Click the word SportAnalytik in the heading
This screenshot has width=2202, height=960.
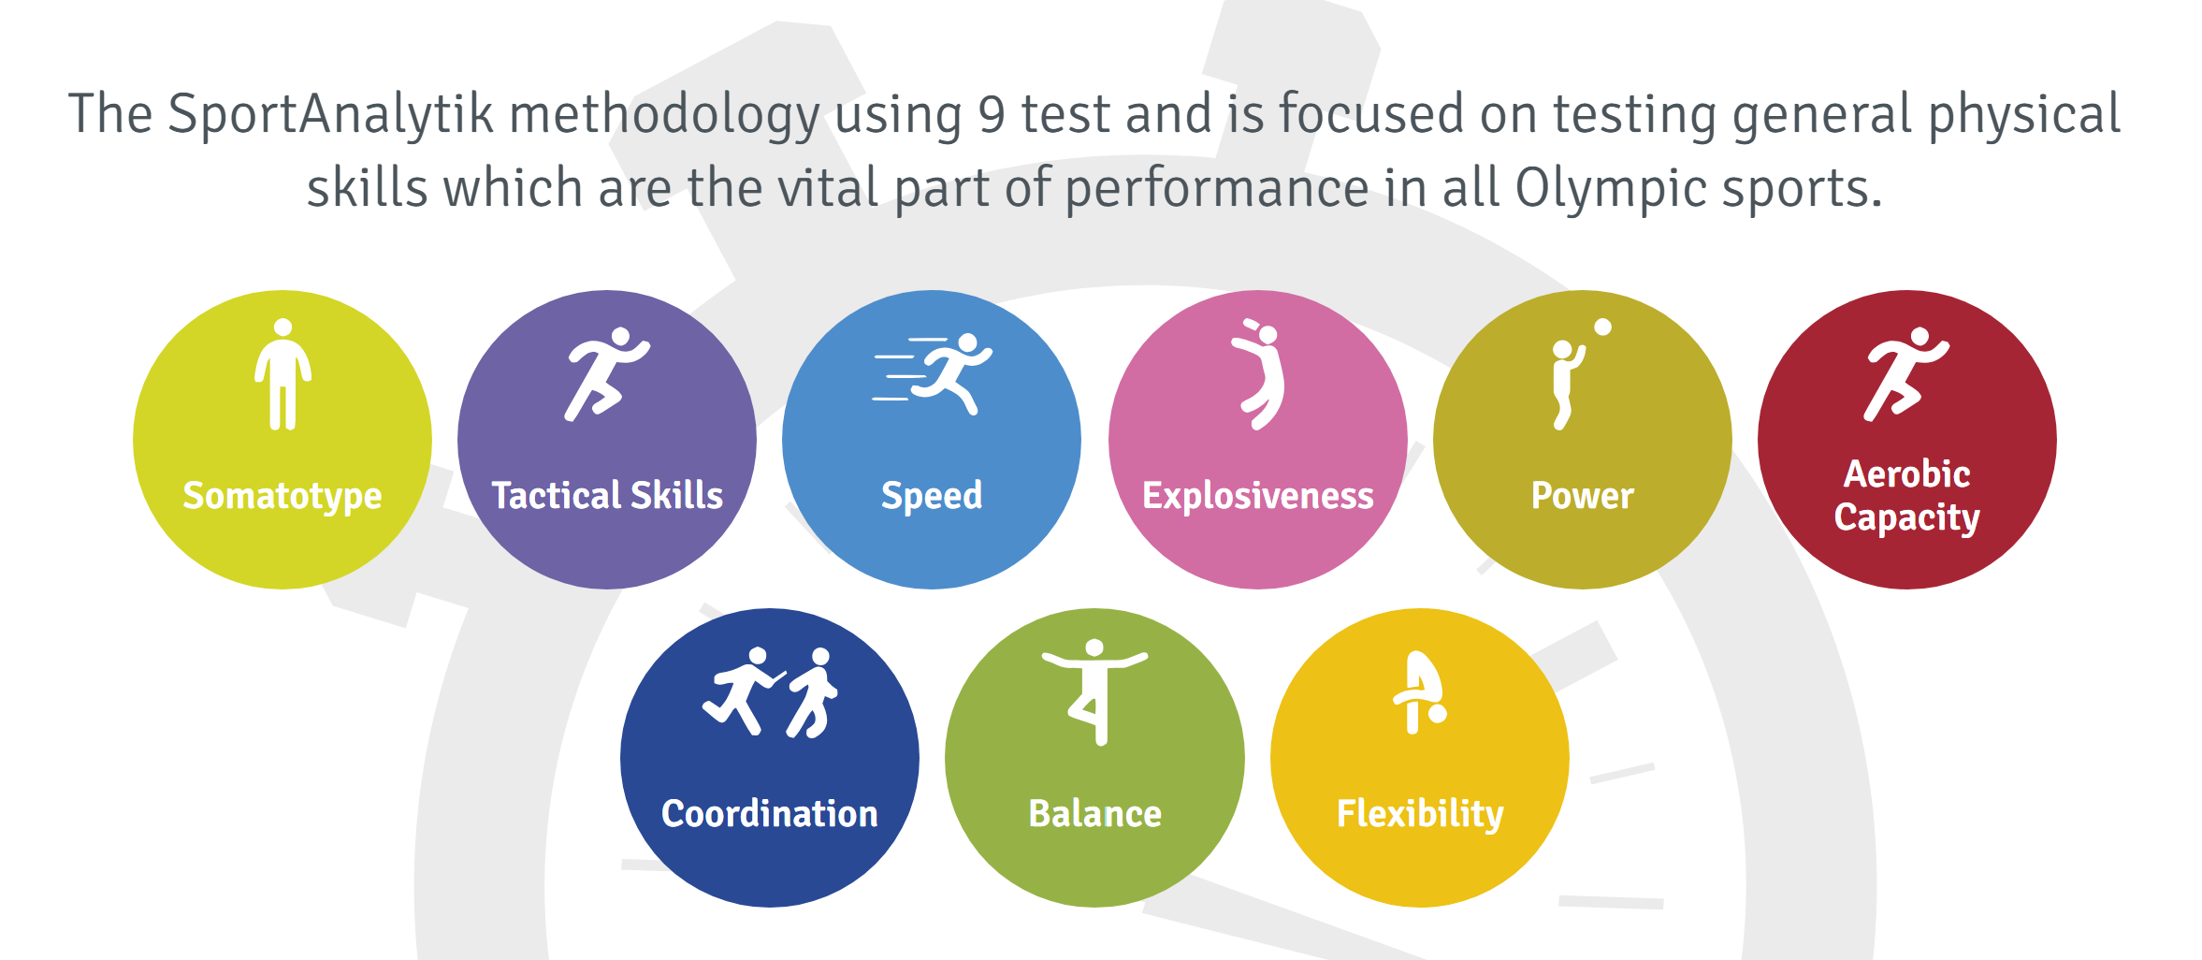coord(330,114)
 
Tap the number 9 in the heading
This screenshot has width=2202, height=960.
coord(992,114)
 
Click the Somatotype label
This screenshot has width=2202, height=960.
coord(282,496)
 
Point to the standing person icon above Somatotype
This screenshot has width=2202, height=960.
coord(282,374)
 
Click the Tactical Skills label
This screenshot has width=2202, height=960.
coord(607,495)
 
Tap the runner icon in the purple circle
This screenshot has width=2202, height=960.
coord(606,374)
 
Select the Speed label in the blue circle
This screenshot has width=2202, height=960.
coord(932,496)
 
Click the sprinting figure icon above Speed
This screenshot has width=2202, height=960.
coord(933,373)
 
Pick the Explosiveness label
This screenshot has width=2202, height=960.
coord(1258,495)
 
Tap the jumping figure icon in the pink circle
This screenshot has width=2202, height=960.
coord(1260,374)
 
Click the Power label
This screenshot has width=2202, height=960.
coord(1583,495)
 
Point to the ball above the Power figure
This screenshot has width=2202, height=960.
coord(1602,327)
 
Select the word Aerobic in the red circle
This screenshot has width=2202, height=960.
coord(1906,474)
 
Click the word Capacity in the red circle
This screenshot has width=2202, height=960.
coord(1907,518)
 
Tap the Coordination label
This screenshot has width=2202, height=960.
coord(770,813)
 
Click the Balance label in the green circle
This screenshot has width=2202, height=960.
coord(1095,813)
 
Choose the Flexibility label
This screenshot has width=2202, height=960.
coord(1420,814)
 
